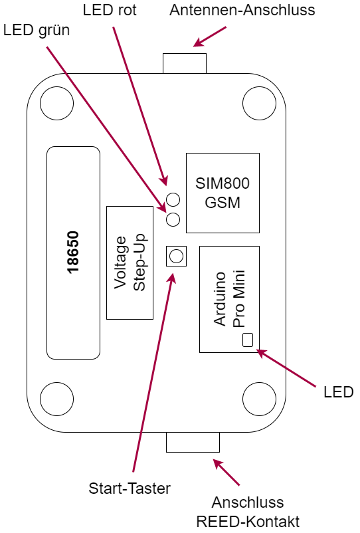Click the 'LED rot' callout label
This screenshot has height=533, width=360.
(110, 10)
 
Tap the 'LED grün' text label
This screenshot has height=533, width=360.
(37, 31)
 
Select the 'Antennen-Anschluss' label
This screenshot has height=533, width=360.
(242, 10)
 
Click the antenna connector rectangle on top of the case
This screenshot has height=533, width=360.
(185, 63)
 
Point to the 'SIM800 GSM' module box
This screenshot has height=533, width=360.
(223, 193)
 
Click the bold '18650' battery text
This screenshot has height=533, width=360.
(73, 253)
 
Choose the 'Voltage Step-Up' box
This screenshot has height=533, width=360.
(130, 263)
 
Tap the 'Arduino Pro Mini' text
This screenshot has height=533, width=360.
(229, 299)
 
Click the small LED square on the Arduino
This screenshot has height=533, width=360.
(248, 340)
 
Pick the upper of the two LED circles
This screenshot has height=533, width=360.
(173, 199)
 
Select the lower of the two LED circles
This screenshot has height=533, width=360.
(173, 219)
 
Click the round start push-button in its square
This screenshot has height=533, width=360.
(176, 256)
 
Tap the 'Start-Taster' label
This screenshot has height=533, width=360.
(130, 488)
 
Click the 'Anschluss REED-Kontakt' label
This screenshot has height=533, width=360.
(248, 512)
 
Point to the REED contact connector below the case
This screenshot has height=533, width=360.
(193, 442)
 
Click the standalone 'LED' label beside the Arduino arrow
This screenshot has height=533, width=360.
(338, 392)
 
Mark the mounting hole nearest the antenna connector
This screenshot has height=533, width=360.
(260, 103)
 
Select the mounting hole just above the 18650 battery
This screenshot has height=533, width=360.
(56, 103)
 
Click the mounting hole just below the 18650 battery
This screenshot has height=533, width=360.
(56, 399)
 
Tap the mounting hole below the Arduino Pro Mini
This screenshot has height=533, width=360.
(260, 399)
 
